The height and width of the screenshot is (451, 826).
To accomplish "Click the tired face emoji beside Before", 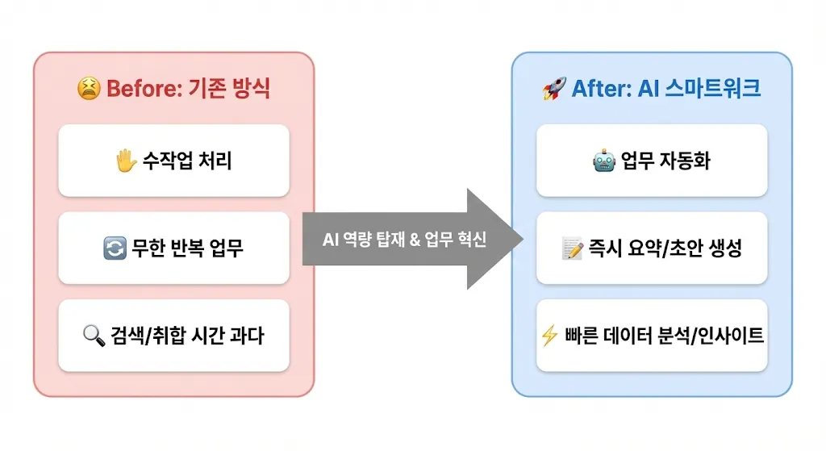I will (x=89, y=88).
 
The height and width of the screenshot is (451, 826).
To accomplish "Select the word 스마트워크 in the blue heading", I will (x=713, y=88).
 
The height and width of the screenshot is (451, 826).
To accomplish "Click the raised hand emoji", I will (x=125, y=161).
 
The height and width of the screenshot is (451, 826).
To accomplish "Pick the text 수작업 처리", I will (x=185, y=161).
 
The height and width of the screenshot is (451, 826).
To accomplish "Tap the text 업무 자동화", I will (x=665, y=161).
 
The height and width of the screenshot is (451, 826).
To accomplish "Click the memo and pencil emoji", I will (x=572, y=248).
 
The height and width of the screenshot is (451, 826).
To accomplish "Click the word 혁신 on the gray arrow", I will (x=472, y=240).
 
